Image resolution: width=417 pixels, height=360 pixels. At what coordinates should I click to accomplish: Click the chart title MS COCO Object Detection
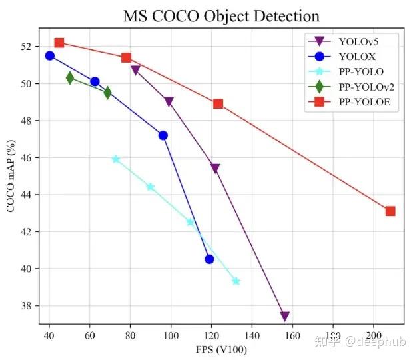pos(221,16)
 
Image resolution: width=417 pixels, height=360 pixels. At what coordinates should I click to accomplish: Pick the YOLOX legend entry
pos(354,57)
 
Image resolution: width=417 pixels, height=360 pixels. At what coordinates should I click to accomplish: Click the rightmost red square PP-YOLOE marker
pos(390,211)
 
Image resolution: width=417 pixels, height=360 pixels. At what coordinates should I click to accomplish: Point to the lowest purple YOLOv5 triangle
pos(285,316)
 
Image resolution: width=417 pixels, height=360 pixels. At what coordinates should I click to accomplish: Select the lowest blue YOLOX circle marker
pos(209,259)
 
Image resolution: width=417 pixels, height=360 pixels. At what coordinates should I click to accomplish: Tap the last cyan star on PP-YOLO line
pos(236,281)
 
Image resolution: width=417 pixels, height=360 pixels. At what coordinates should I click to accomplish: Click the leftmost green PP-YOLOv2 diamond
pos(70,78)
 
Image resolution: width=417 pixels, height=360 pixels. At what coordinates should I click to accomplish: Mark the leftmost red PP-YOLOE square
pos(59,43)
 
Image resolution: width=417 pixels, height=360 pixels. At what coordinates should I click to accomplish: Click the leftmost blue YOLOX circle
pos(49,55)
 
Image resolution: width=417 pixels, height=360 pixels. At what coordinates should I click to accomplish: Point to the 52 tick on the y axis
pos(26,47)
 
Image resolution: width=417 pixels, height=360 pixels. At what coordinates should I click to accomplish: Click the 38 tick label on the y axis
pos(26,306)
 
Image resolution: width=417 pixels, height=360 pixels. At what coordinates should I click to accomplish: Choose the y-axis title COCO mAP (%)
pos(11,176)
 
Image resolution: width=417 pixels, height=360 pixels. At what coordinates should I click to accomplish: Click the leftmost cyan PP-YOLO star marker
pos(116,159)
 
